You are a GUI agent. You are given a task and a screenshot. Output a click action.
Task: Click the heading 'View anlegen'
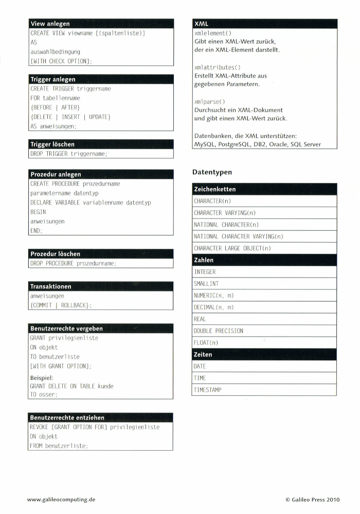[50, 24]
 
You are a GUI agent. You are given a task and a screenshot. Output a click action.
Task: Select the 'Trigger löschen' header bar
[52, 144]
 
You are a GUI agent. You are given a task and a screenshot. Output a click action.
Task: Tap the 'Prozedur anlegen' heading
[56, 174]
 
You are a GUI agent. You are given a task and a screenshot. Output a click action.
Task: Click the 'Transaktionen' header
[51, 286]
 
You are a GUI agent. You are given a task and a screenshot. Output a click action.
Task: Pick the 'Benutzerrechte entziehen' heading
[67, 418]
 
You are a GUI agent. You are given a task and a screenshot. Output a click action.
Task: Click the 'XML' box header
[202, 24]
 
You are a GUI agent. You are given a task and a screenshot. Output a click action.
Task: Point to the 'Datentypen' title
[212, 172]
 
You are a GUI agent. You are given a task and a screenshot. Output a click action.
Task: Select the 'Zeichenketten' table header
[215, 189]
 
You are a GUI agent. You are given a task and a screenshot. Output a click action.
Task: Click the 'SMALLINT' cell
[206, 284]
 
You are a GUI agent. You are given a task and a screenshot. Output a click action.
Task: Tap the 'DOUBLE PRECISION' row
[219, 331]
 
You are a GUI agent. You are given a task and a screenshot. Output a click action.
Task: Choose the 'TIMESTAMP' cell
[208, 390]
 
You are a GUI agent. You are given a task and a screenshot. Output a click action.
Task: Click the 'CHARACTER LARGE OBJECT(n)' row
[232, 248]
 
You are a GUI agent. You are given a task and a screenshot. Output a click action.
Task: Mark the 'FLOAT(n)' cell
[206, 343]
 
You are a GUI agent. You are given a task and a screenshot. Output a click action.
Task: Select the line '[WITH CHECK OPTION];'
[61, 61]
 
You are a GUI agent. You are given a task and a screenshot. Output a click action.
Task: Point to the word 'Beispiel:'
[42, 377]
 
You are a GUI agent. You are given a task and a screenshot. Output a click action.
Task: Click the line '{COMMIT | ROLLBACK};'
[61, 305]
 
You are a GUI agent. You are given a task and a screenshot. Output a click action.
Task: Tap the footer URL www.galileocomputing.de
[61, 499]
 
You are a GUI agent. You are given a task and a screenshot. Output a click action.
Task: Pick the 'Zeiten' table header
[203, 355]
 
